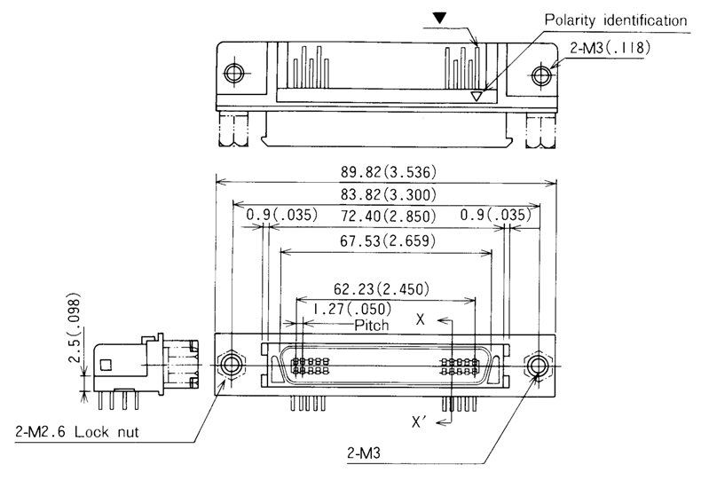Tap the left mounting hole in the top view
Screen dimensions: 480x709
[x=235, y=73]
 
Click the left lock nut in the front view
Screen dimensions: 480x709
[x=233, y=365]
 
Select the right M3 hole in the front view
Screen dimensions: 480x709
[x=536, y=365]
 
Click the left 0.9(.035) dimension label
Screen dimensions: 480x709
[x=277, y=216]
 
